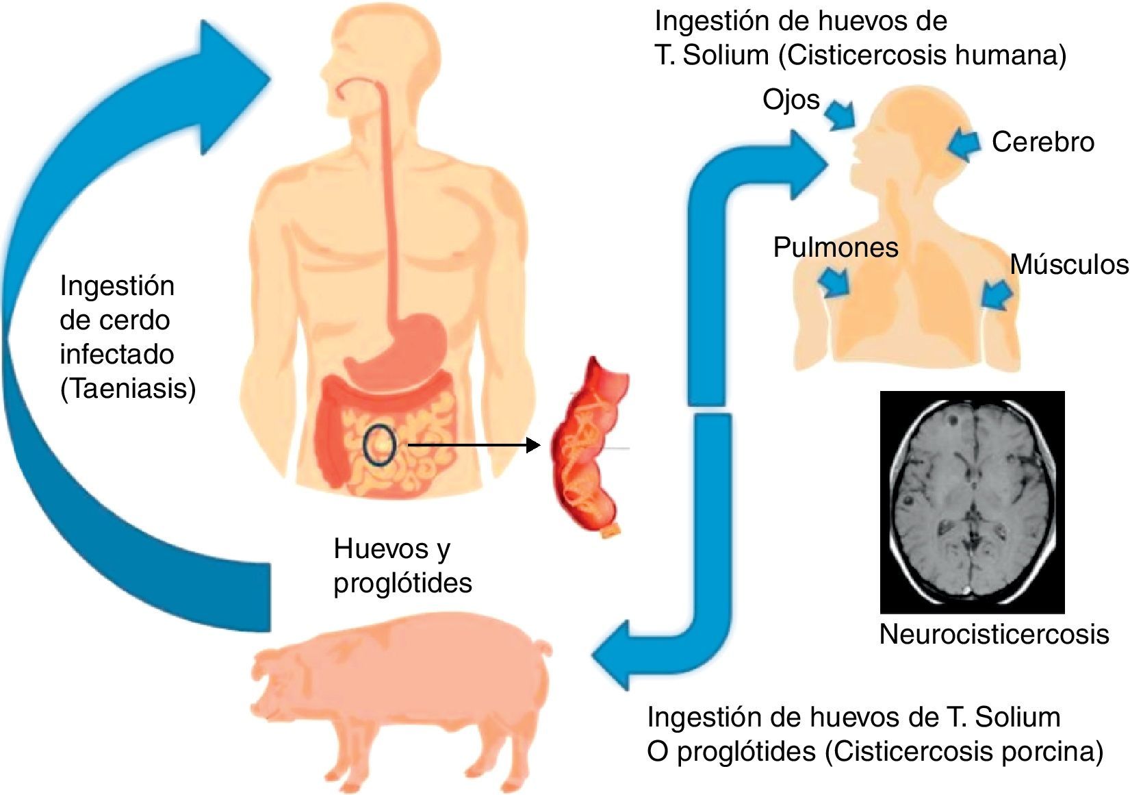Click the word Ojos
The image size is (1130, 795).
pos(791,100)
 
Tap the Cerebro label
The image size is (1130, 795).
pos(1042,142)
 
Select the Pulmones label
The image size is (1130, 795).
pos(835,247)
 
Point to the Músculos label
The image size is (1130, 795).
pos(1068,264)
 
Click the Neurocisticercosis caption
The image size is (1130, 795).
pos(993,634)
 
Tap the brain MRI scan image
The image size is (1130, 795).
pos(972,501)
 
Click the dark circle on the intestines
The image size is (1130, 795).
pos(378,445)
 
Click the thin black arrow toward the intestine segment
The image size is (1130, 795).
pos(472,446)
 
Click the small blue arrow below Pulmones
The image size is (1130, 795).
pos(835,281)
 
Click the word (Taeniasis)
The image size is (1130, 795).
pos(128,389)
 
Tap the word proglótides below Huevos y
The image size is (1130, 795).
pos(402,583)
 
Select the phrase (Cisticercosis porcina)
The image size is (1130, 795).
pos(964,752)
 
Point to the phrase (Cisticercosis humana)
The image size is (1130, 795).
pos(922,55)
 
